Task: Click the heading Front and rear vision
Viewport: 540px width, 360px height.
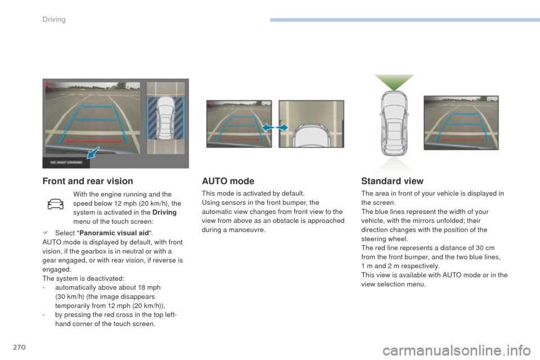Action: (88, 181)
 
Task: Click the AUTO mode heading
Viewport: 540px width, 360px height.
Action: (228, 181)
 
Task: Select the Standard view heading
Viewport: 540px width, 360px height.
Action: (392, 181)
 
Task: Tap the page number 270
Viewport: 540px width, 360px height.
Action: (19, 347)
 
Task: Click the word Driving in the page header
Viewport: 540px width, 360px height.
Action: (54, 19)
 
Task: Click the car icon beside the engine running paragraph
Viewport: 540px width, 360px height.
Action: (56, 204)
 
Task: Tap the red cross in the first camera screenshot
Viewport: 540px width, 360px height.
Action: (47, 84)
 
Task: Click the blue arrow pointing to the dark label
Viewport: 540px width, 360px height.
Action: (93, 152)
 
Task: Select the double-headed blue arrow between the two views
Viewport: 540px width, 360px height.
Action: (275, 128)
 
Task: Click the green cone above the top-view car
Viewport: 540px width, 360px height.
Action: (394, 82)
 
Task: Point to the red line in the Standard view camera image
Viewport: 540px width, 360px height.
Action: (462, 139)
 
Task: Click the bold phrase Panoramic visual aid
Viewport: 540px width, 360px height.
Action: (114, 233)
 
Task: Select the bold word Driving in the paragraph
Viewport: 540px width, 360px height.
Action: (164, 212)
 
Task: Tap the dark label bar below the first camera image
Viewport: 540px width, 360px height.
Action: (66, 162)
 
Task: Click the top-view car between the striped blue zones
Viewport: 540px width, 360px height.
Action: (165, 118)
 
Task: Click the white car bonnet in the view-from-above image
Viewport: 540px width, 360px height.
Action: (311, 136)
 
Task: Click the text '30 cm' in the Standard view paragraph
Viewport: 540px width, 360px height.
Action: (485, 248)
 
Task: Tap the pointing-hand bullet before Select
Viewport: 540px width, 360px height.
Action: (46, 233)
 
